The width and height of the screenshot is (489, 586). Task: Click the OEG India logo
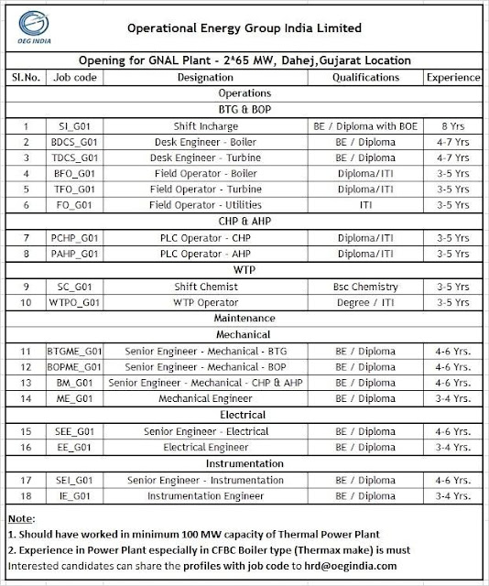[x=27, y=25]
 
